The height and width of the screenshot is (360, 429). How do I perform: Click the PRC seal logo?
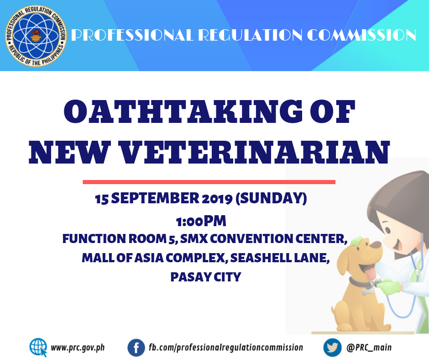click(x=36, y=36)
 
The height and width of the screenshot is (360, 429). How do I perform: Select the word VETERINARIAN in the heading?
click(x=255, y=152)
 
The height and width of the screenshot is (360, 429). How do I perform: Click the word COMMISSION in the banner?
click(x=361, y=35)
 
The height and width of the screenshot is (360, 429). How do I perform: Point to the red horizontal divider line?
click(x=209, y=182)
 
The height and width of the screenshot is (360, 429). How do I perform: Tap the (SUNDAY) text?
click(x=271, y=198)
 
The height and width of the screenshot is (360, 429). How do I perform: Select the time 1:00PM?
click(x=201, y=221)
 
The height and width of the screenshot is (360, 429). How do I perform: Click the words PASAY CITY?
click(x=206, y=277)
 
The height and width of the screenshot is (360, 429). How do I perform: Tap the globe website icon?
click(x=38, y=347)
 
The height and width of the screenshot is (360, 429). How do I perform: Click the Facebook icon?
click(x=136, y=348)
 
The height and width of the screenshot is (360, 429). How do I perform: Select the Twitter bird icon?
click(x=332, y=347)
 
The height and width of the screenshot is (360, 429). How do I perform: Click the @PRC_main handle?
click(x=369, y=347)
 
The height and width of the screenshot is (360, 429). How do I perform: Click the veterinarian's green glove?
click(x=389, y=287)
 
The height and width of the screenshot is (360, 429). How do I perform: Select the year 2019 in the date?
click(x=217, y=198)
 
